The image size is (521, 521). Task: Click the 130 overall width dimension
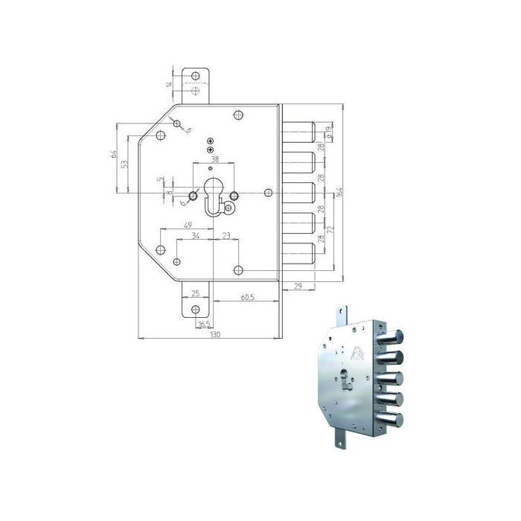(x=215, y=336)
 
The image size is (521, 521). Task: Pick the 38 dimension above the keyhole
(x=214, y=160)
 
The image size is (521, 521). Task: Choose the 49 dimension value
(x=188, y=226)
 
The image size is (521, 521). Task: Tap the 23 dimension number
(x=226, y=236)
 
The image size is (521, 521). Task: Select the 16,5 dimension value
(x=201, y=325)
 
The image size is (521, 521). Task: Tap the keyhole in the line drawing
(x=213, y=196)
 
